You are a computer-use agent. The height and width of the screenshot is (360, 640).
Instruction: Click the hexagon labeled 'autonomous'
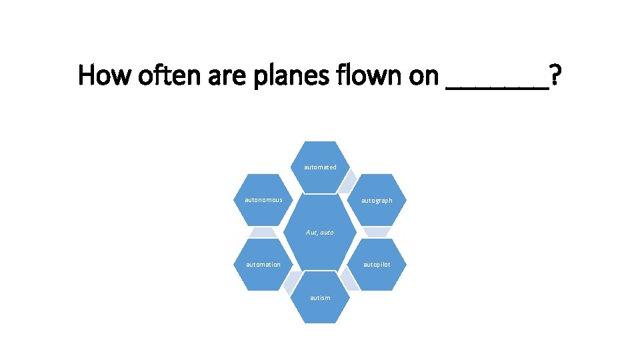[x=263, y=200]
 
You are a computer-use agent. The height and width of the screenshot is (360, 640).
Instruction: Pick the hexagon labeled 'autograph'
[x=377, y=200]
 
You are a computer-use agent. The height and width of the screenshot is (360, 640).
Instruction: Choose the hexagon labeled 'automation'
[x=263, y=265]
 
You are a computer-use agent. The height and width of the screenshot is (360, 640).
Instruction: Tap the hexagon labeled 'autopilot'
[x=377, y=265]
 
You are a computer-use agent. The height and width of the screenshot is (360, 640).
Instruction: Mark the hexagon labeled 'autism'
[x=320, y=297]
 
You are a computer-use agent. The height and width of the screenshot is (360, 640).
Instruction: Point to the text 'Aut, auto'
[x=320, y=233]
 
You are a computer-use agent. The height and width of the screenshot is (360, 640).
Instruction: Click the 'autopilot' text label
[x=377, y=265]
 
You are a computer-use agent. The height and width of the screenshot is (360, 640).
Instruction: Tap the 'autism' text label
[x=320, y=298]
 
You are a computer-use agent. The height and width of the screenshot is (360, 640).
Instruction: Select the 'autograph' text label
[x=377, y=201]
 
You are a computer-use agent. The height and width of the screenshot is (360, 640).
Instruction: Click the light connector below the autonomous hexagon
[x=263, y=232]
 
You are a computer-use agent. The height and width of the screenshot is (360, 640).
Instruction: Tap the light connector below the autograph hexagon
[x=377, y=232]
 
